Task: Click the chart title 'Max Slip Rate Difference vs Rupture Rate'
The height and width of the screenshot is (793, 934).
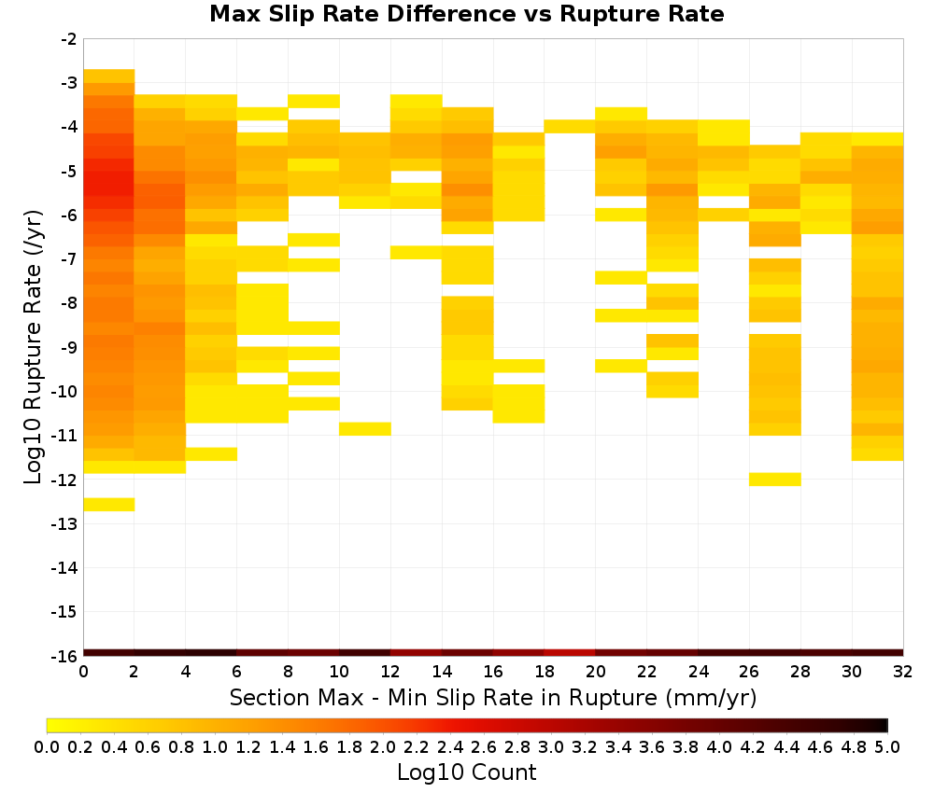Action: pos(466,13)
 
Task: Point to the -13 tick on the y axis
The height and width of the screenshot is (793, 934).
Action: pos(64,523)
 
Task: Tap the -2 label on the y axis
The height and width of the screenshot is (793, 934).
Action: pos(69,39)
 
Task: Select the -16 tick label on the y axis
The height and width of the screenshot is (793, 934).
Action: pos(64,656)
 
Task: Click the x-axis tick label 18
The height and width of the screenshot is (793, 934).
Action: pos(544,672)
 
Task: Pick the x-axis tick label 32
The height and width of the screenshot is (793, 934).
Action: pos(902,672)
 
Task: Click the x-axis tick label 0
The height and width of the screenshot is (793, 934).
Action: pos(83,672)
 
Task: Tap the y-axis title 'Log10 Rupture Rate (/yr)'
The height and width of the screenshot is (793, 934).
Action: pos(34,347)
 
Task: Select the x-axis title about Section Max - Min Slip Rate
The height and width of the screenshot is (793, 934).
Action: pos(492,697)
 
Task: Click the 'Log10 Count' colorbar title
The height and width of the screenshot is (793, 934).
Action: pos(466,772)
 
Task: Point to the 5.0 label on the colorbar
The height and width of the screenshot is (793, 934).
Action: pos(887,746)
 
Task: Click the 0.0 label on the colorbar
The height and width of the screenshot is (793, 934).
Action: pos(47,746)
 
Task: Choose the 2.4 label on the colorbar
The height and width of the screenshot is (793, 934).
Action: pos(450,746)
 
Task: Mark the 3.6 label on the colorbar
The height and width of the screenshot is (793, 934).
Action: pos(652,746)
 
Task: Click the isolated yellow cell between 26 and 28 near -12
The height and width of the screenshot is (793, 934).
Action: pos(774,479)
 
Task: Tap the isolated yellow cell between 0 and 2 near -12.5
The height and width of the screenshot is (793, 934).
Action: pos(109,504)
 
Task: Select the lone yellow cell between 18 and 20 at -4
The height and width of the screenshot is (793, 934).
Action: pos(570,126)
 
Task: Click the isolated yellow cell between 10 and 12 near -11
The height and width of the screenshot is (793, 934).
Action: pos(365,428)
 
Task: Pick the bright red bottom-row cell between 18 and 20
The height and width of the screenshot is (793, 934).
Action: pos(570,653)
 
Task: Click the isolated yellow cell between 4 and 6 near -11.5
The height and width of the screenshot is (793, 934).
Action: pos(211,454)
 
